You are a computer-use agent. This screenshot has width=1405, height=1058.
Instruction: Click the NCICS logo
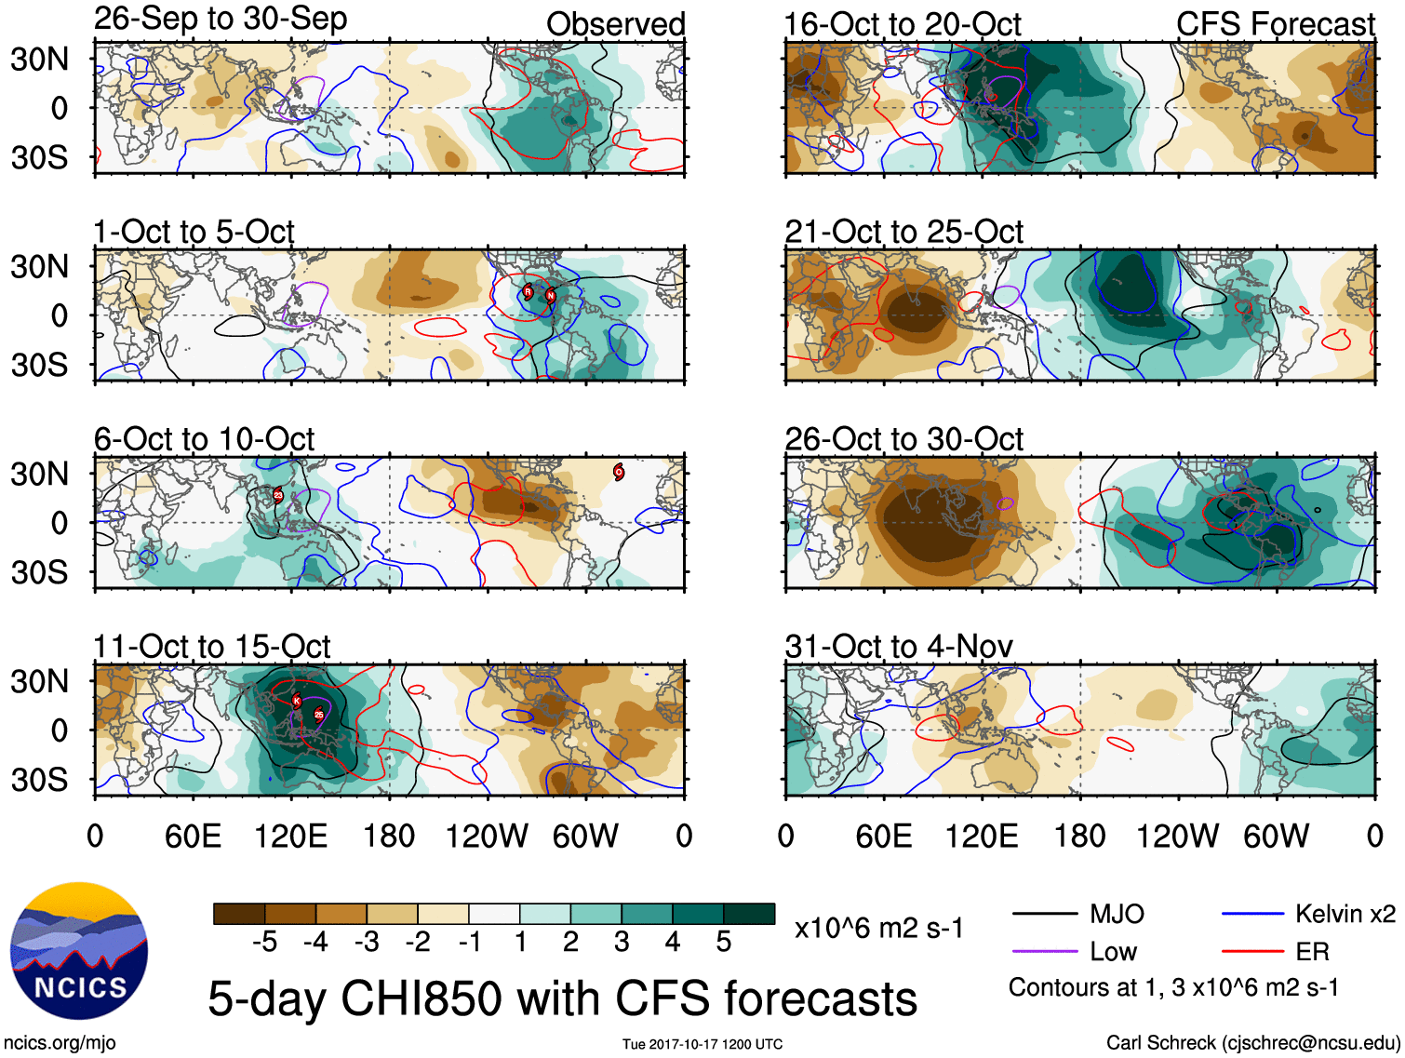79,949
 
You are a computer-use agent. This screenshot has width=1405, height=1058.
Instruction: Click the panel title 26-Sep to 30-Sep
221,19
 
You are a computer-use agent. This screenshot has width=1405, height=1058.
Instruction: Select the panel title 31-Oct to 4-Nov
899,646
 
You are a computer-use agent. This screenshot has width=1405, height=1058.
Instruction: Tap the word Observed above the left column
615,24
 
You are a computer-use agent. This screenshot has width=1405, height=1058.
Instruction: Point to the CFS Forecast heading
1275,24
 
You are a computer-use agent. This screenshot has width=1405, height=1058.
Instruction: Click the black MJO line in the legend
1045,915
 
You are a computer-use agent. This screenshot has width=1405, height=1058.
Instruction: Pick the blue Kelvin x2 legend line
1252,915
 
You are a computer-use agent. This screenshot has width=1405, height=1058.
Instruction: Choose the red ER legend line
1252,952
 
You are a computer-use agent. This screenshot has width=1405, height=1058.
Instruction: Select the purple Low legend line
1045,952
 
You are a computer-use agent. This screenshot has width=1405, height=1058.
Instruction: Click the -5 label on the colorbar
264,943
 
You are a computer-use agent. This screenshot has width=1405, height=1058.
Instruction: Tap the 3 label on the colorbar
622,943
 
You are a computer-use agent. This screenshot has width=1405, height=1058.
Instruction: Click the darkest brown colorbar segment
239,914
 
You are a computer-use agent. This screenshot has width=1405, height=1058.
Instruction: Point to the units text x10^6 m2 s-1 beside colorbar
878,928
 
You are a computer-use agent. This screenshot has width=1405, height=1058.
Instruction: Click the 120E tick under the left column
291,836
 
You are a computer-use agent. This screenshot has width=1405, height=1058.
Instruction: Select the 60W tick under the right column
1276,836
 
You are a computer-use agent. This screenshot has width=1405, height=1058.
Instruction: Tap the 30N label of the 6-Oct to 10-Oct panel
39,475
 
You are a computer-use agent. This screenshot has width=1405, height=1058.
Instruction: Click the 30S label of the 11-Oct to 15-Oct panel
39,780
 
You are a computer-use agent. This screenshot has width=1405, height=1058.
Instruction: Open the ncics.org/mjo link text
60,1043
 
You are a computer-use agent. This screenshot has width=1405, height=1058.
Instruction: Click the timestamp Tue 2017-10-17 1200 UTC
702,1044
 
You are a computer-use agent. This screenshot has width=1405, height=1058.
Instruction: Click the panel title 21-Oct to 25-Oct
903,232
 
